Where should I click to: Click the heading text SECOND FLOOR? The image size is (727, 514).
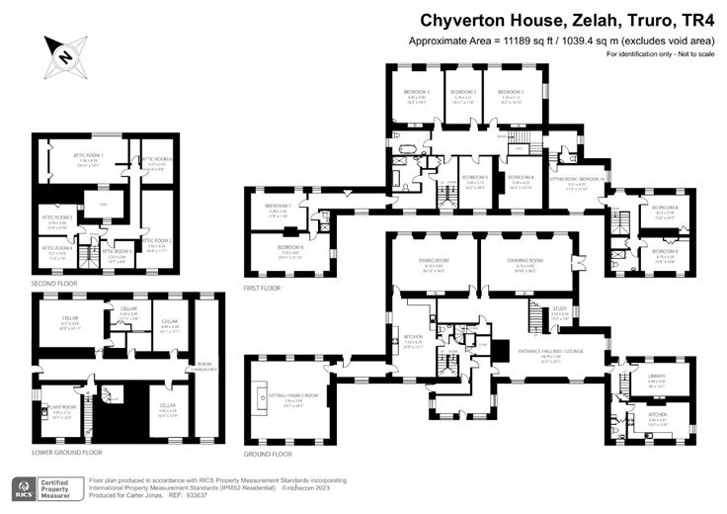pyautogui.click(x=53, y=283)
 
